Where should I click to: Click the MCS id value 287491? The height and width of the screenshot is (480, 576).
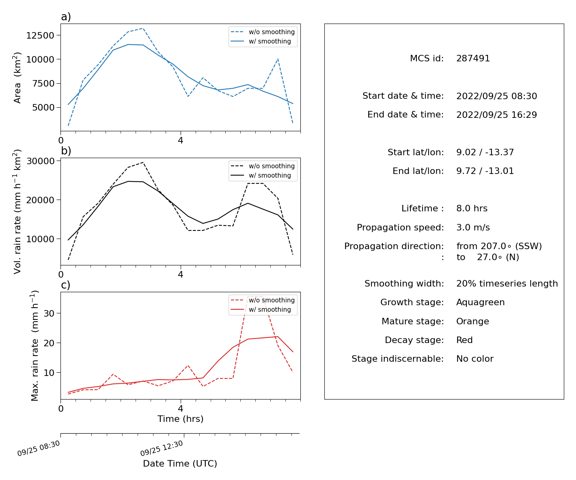click(472, 58)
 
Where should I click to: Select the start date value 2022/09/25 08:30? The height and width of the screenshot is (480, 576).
click(496, 96)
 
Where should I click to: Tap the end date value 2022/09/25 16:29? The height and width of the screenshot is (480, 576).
click(496, 115)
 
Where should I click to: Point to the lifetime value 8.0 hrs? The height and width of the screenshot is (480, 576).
click(471, 208)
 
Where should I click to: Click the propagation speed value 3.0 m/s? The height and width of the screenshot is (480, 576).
click(473, 227)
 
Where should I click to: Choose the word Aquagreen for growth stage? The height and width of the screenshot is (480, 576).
click(480, 302)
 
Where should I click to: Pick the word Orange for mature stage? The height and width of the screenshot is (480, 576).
click(472, 321)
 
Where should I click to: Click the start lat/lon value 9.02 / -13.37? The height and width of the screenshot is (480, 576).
click(485, 152)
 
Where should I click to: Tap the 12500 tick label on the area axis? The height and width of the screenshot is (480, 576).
click(40, 35)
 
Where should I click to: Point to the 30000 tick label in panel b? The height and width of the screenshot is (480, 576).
click(40, 161)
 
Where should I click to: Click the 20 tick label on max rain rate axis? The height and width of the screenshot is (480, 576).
click(49, 343)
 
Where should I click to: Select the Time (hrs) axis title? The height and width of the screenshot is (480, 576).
click(180, 419)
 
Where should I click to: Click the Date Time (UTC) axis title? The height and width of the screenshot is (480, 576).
click(180, 463)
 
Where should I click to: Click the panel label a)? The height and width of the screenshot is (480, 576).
click(66, 17)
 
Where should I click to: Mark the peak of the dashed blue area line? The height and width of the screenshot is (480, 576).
click(143, 28)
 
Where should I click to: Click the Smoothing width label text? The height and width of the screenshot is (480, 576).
click(404, 283)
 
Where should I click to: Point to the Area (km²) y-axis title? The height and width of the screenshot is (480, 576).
click(17, 78)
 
